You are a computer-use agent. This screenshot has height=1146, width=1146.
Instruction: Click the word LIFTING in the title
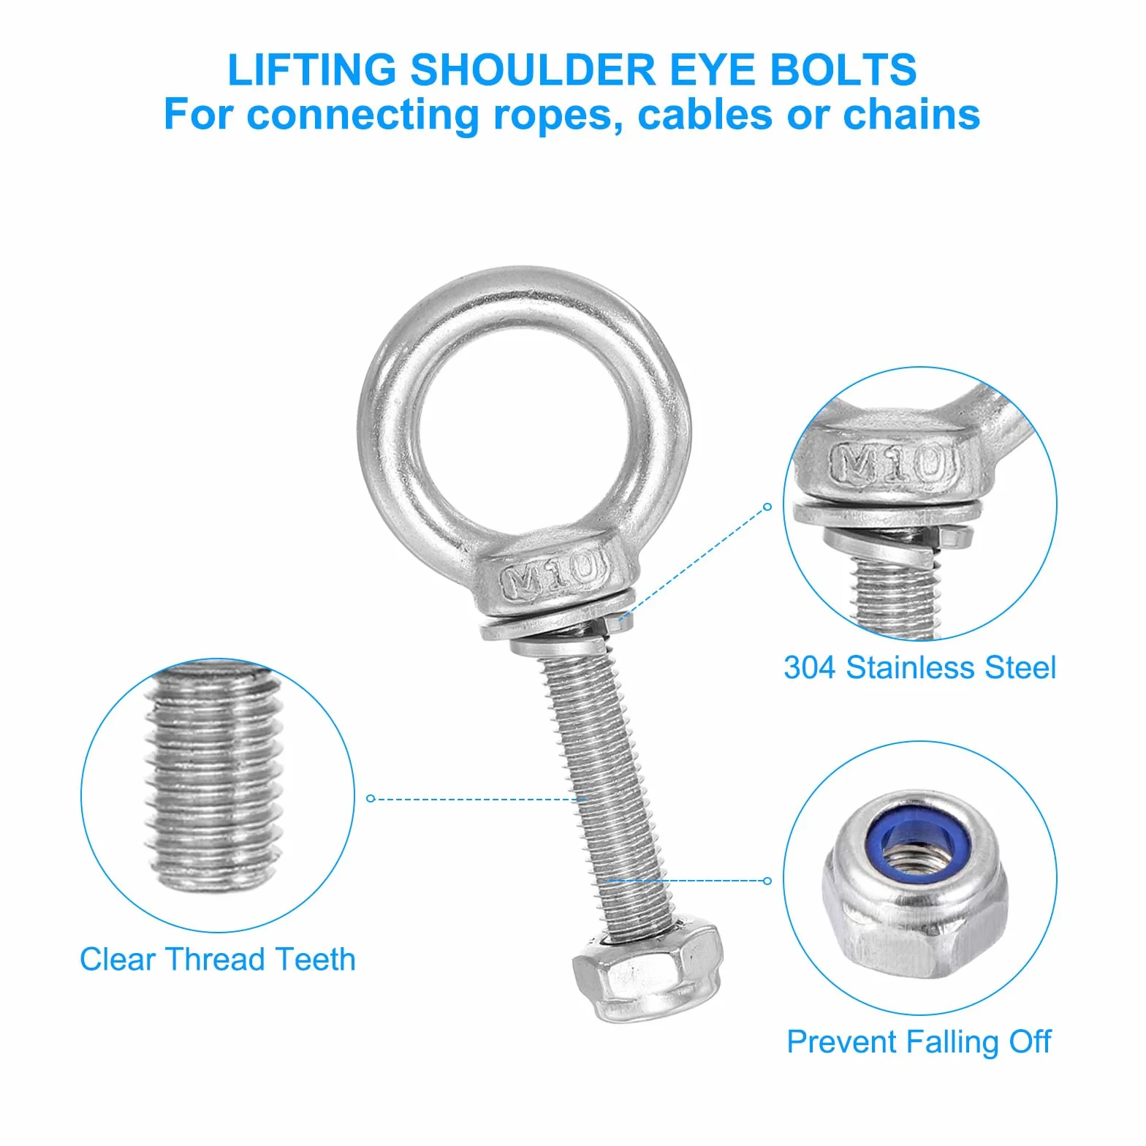coord(311,69)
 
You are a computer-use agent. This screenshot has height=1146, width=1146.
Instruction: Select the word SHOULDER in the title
coord(533,69)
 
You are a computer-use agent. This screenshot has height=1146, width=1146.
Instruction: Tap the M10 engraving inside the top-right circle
coord(894,463)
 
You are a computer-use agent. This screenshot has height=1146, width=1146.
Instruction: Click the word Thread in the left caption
coord(215,960)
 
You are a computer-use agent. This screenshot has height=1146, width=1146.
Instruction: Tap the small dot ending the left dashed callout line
coord(370,798)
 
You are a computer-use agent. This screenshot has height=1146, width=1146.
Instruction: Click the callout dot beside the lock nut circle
coord(767,881)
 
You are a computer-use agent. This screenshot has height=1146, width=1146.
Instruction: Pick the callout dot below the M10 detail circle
coord(767,506)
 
